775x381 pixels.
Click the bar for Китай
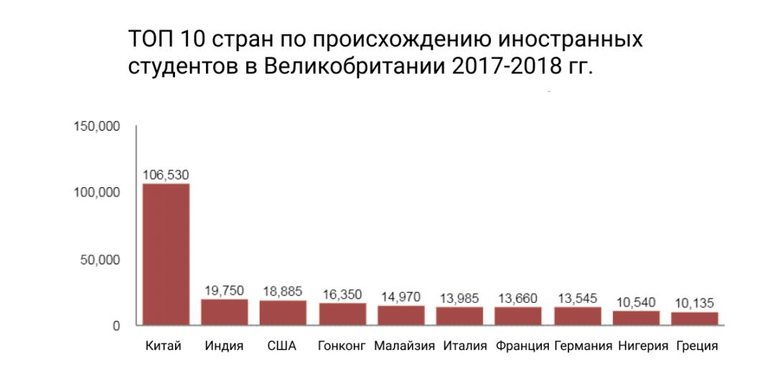pyautogui.click(x=166, y=255)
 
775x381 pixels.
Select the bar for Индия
pyautogui.click(x=224, y=312)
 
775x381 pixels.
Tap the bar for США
pyautogui.click(x=283, y=313)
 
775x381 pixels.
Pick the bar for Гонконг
pyautogui.click(x=342, y=314)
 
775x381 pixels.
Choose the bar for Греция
pyautogui.click(x=695, y=319)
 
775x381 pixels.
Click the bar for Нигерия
pyautogui.click(x=636, y=318)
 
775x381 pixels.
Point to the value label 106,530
pyautogui.click(x=166, y=174)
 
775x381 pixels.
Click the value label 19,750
pyautogui.click(x=224, y=290)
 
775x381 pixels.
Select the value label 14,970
pyautogui.click(x=400, y=296)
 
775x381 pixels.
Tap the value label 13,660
pyautogui.click(x=518, y=298)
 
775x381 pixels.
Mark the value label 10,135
pyautogui.click(x=695, y=302)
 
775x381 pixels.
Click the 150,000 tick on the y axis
pyautogui.click(x=97, y=127)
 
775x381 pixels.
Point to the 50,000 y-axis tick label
pyautogui.click(x=100, y=259)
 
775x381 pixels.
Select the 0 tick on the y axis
pyautogui.click(x=116, y=326)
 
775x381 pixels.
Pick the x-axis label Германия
pyautogui.click(x=583, y=346)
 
